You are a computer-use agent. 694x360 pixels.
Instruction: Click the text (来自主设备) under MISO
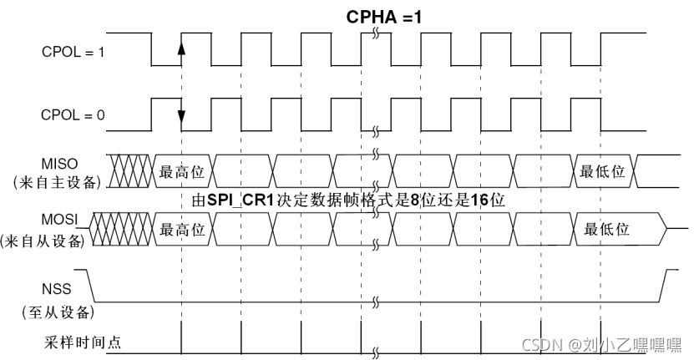[x=56, y=181]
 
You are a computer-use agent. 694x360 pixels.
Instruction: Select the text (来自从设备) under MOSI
[x=56, y=242]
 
